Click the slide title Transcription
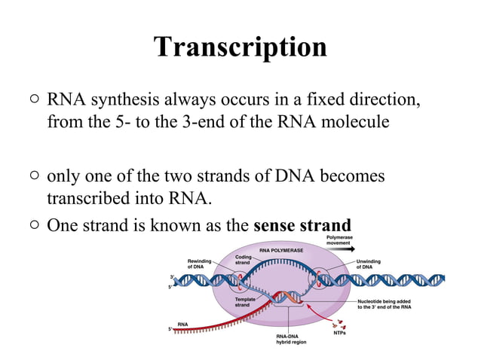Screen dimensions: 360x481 point(240,47)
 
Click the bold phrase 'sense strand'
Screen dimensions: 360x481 point(302,225)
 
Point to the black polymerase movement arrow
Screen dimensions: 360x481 point(342,249)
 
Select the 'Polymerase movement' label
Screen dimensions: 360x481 point(339,240)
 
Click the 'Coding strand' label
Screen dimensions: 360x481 point(243,259)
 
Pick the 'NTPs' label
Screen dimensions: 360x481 point(340,332)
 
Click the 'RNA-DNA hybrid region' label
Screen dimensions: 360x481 point(291,340)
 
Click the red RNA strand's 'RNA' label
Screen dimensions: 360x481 point(182,323)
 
